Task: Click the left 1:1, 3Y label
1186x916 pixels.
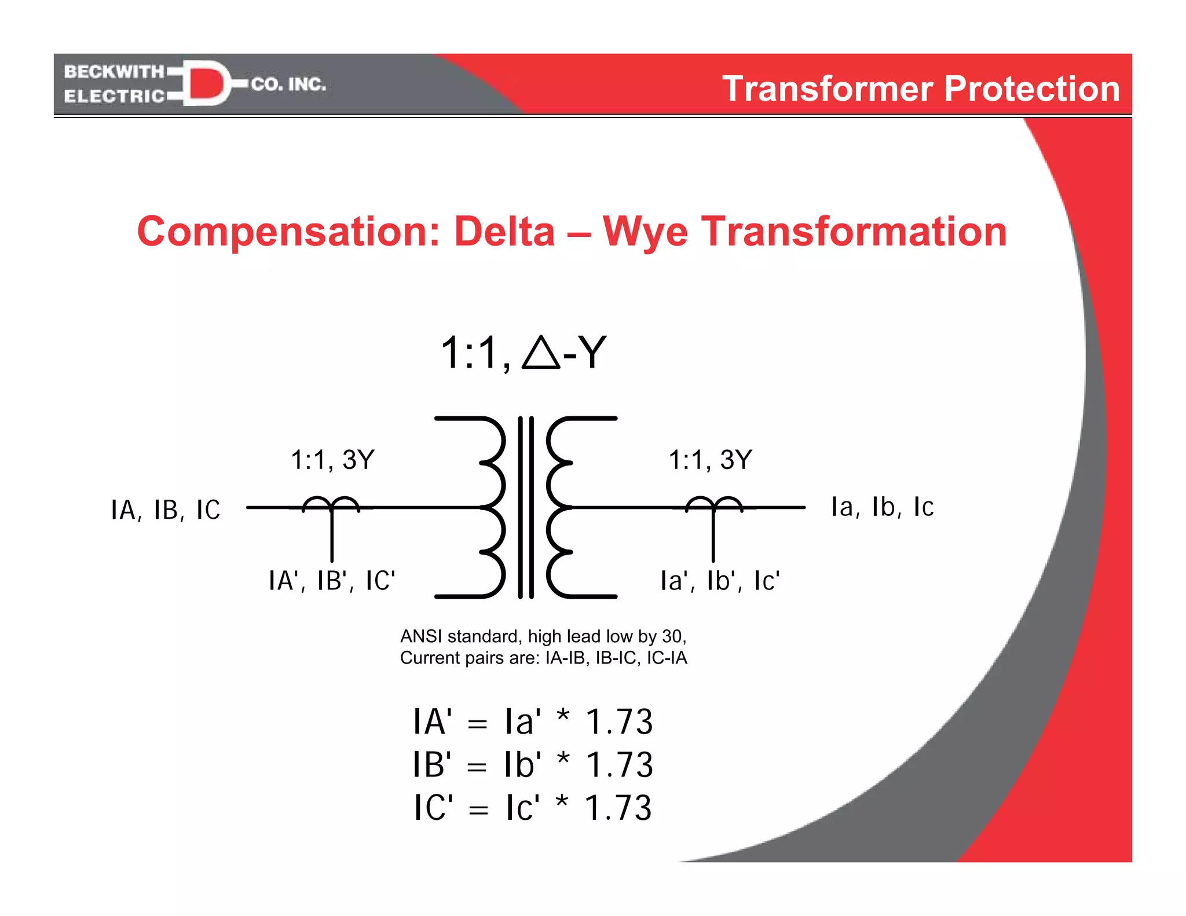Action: [332, 460]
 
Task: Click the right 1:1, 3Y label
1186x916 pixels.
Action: [710, 460]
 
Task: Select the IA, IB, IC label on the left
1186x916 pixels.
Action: [166, 510]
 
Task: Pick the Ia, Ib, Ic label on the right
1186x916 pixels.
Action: [882, 507]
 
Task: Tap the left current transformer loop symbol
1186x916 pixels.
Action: [331, 505]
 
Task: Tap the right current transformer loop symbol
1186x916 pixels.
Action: [713, 505]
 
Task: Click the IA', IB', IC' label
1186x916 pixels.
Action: [332, 581]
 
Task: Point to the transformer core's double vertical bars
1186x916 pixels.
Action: [526, 507]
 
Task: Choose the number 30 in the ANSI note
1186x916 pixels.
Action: [672, 636]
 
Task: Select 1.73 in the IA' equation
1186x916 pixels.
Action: [619, 722]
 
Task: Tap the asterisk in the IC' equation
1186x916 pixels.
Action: [562, 803]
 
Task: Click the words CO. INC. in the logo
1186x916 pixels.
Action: [288, 84]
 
